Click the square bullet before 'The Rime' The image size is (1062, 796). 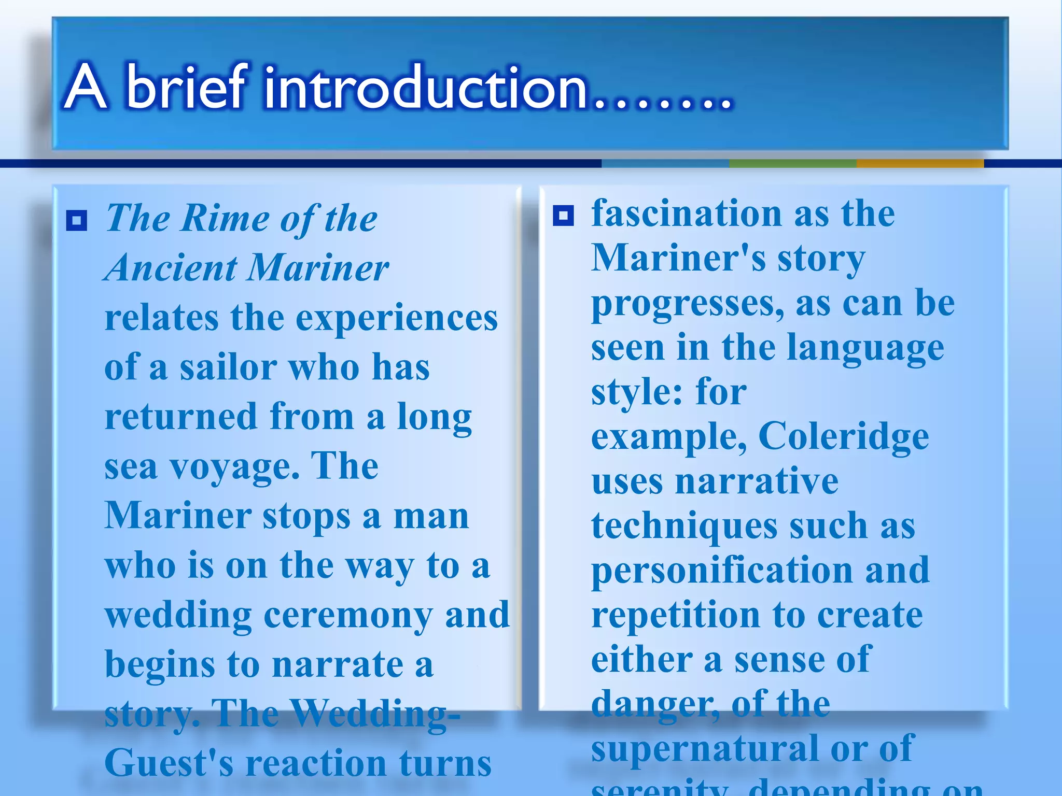point(77,221)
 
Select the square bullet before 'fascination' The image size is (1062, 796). point(563,216)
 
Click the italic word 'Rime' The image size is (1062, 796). point(225,218)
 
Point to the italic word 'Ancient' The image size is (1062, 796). point(171,268)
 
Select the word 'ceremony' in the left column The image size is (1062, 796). point(348,615)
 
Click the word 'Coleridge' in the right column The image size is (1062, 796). point(843,436)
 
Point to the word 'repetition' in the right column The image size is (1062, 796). point(675,615)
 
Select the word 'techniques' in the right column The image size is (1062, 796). point(684,526)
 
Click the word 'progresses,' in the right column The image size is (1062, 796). point(688,304)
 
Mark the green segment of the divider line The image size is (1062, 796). point(792,164)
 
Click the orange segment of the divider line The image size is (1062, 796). point(919,164)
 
